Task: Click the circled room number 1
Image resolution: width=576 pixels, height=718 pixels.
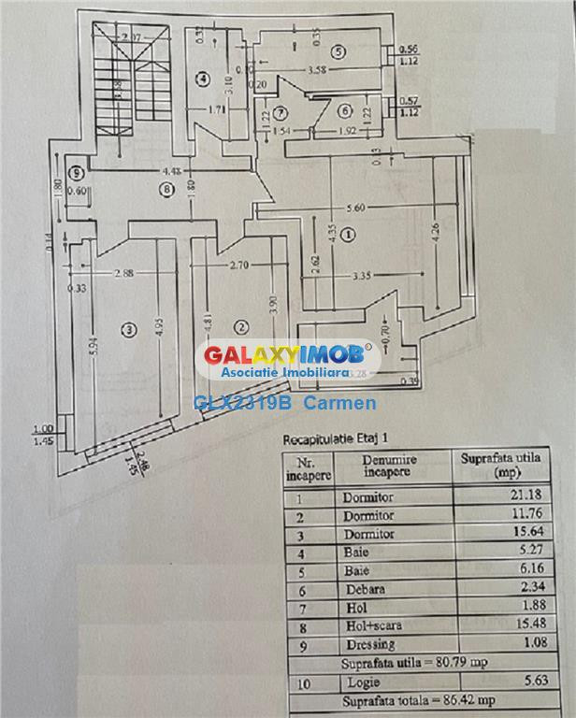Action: [x=348, y=235]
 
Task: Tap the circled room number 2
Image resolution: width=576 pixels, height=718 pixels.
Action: [x=241, y=326]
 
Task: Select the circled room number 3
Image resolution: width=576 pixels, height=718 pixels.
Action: [x=128, y=328]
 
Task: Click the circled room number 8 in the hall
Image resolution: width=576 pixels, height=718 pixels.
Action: [x=166, y=190]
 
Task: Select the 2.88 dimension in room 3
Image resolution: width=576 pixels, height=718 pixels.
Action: [x=122, y=273]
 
